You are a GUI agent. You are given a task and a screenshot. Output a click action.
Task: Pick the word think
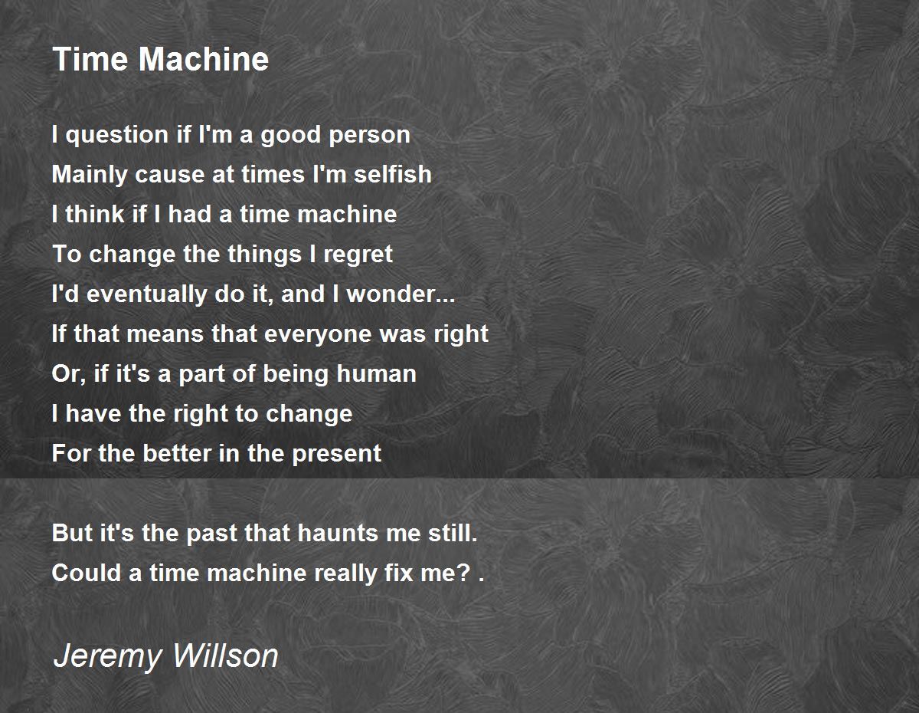[96, 215]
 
